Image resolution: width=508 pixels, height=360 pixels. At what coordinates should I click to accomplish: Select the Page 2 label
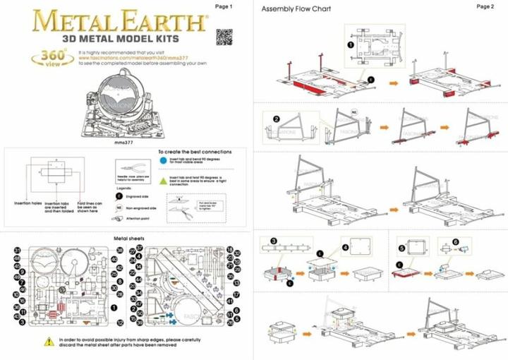tap(485, 6)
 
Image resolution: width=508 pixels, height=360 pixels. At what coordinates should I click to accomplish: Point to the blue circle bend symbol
tap(163, 160)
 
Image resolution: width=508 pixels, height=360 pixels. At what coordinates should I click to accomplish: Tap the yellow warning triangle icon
tap(49, 341)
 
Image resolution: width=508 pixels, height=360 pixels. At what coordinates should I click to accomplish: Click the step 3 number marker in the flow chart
tap(274, 241)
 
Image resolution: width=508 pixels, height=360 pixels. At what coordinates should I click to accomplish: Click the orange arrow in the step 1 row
tap(394, 83)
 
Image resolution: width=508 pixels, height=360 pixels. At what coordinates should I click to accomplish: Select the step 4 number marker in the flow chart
tap(345, 248)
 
